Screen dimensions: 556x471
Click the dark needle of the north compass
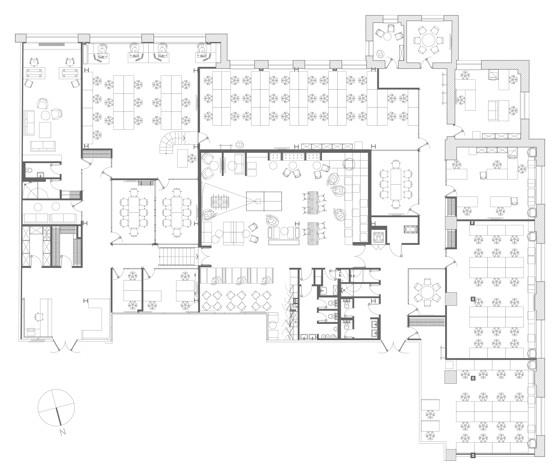59,416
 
